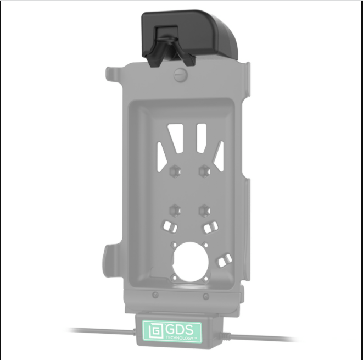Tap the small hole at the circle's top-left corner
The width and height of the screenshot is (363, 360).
pyautogui.click(x=173, y=244)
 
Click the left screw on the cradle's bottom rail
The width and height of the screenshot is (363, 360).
pyautogui.click(x=156, y=295)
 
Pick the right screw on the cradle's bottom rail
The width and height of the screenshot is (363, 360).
pyautogui.click(x=205, y=296)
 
